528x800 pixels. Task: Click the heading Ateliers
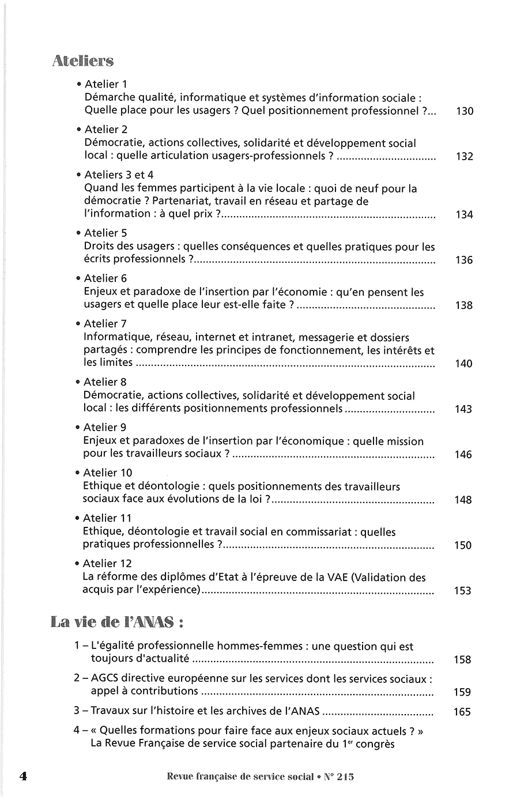point(82,61)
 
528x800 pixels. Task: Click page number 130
point(464,111)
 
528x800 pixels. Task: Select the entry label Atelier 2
point(106,130)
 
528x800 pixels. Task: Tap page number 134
point(464,215)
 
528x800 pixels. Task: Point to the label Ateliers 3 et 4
point(119,175)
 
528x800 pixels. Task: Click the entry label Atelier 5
point(105,233)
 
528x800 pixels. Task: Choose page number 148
point(463,500)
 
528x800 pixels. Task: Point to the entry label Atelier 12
point(108,564)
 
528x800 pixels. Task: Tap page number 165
point(462,712)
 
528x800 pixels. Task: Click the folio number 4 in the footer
point(24,776)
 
